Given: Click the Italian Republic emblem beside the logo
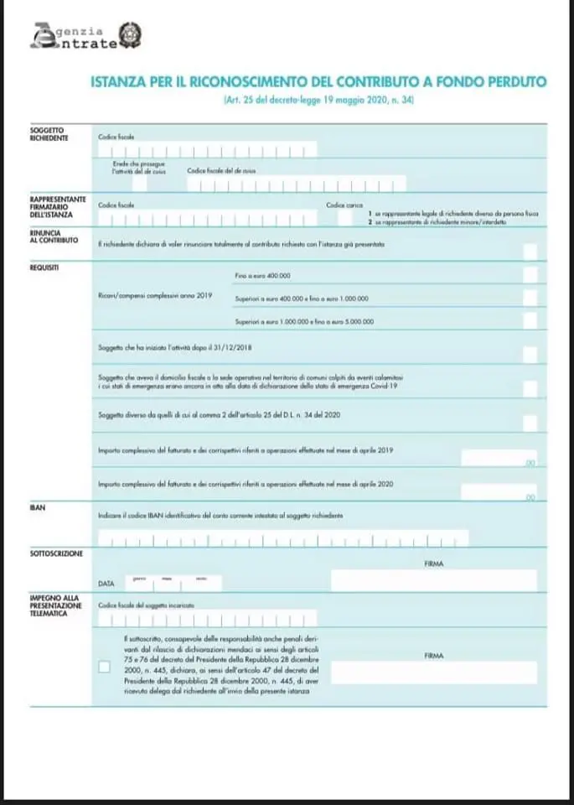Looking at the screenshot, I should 131,34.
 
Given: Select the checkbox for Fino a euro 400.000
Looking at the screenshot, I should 530,275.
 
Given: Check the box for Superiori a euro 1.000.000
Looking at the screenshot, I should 530,320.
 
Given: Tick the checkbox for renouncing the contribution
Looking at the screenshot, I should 530,250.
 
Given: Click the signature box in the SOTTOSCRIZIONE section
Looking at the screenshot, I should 433,580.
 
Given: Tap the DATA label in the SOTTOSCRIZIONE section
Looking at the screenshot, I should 106,582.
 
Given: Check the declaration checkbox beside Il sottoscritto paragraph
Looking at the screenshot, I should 104,667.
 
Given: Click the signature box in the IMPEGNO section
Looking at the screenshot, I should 433,673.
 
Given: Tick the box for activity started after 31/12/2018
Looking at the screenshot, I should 530,354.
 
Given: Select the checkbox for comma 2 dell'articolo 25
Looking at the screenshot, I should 530,422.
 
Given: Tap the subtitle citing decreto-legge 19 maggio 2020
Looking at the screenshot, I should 318,101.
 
